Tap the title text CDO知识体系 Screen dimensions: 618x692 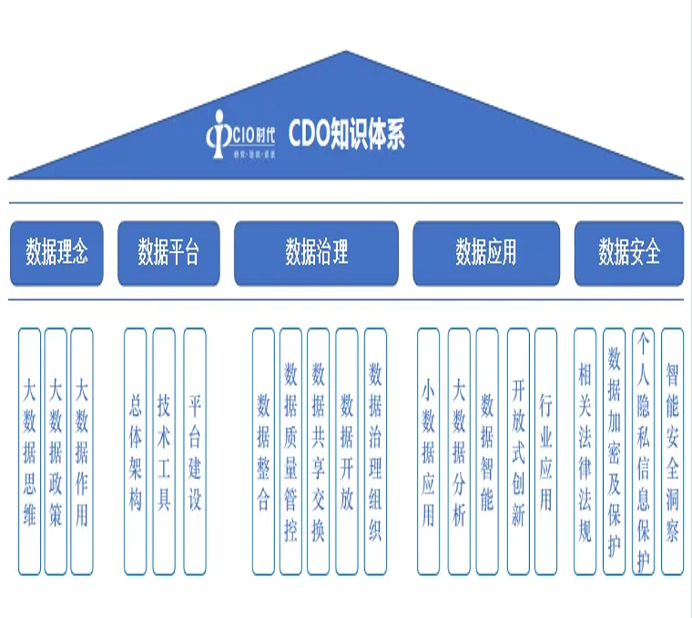click(x=347, y=136)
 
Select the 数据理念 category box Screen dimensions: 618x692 click(x=57, y=252)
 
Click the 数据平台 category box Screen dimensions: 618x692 click(x=168, y=252)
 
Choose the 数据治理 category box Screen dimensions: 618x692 click(x=316, y=252)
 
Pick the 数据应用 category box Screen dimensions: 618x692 click(x=485, y=252)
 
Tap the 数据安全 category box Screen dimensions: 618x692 click(x=629, y=252)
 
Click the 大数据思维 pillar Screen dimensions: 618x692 click(x=29, y=451)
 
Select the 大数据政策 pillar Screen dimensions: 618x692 click(x=56, y=451)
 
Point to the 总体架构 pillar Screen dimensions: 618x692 click(x=135, y=451)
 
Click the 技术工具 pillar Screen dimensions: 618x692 click(x=164, y=451)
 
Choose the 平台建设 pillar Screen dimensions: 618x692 click(x=194, y=451)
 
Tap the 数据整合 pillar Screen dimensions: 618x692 click(x=263, y=451)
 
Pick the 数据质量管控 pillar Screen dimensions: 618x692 click(x=290, y=451)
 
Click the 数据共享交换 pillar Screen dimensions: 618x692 click(x=318, y=451)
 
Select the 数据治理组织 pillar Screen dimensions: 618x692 click(x=375, y=451)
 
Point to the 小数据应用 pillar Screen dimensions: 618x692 click(x=428, y=451)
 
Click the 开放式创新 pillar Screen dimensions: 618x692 click(x=518, y=451)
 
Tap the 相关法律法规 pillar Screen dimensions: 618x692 click(x=585, y=451)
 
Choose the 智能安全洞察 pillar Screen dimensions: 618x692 click(x=672, y=451)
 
